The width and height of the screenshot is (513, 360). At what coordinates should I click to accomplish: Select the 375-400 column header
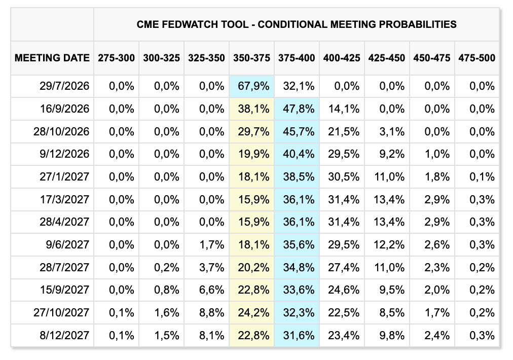pyautogui.click(x=297, y=58)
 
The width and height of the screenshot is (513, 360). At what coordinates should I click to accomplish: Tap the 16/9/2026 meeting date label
pyautogui.click(x=64, y=109)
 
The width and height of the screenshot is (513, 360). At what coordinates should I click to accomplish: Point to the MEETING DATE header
pyautogui.click(x=52, y=58)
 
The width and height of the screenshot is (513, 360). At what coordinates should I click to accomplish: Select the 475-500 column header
pyautogui.click(x=477, y=58)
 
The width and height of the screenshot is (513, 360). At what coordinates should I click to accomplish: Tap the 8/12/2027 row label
pyautogui.click(x=64, y=336)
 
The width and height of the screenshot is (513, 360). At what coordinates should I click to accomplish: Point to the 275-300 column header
pyautogui.click(x=116, y=58)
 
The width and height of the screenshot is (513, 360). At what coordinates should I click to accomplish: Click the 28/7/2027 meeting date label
pyautogui.click(x=64, y=267)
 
